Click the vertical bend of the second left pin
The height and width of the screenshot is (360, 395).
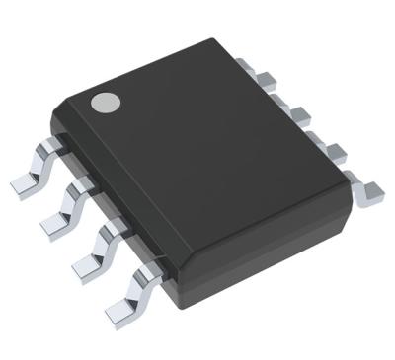(71, 202)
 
